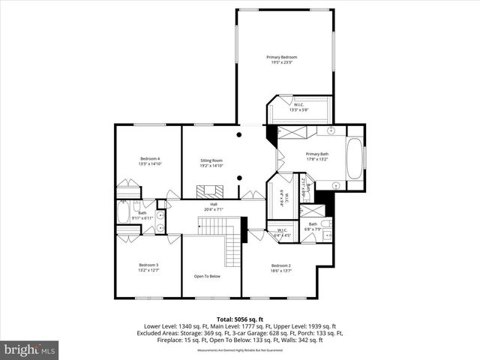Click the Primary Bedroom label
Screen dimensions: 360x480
tap(282, 57)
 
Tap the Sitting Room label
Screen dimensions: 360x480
tap(211, 160)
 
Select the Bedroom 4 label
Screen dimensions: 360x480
tap(150, 158)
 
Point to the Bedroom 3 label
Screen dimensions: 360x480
tap(148, 265)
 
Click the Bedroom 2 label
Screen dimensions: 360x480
tap(280, 265)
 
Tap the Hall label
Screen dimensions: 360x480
tap(213, 204)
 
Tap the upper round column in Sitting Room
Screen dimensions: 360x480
tap(238, 135)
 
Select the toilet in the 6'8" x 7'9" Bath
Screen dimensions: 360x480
tap(326, 224)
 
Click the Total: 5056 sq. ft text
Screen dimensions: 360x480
tap(239, 319)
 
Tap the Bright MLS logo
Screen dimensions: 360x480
tap(30, 349)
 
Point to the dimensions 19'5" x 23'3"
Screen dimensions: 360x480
tap(282, 62)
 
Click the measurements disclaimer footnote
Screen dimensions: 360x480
tap(239, 350)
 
